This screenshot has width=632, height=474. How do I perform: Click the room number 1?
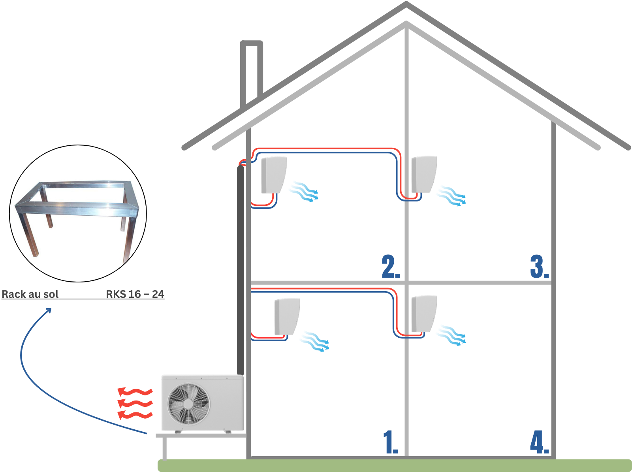tap(390, 442)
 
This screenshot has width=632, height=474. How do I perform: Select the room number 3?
tap(539, 267)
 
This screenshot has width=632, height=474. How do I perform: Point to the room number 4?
tap(539, 442)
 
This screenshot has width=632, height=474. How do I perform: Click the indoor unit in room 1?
tap(287, 316)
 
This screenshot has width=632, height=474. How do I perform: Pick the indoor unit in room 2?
tap(274, 175)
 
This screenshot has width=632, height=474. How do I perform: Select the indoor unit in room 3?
tap(424, 174)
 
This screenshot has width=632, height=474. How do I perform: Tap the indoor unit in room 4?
tap(424, 314)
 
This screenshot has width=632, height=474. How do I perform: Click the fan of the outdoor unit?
tap(188, 404)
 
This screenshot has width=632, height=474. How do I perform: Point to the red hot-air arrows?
tap(135, 403)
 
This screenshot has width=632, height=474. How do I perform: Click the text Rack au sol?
tap(30, 294)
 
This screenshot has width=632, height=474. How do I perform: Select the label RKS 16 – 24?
tap(135, 294)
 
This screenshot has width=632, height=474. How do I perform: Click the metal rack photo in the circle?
tap(78, 213)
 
